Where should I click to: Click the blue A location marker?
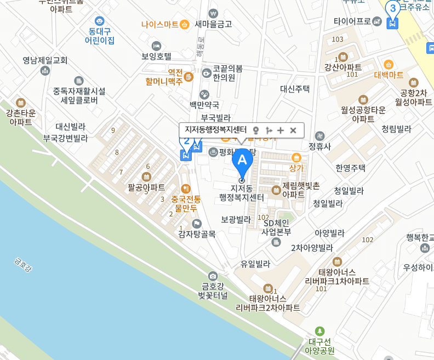point(242,161)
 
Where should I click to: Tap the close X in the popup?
point(293,130)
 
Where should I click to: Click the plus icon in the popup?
point(281,130)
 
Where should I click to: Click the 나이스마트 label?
point(159,24)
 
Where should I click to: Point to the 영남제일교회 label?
point(45,60)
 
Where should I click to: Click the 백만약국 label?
point(204,104)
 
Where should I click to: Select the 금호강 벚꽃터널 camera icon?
point(213,276)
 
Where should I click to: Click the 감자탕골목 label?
point(197,234)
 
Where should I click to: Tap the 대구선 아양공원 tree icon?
point(320,330)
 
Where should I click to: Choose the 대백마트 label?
point(389,75)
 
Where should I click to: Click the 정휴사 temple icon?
point(319,136)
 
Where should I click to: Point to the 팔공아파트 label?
point(146,187)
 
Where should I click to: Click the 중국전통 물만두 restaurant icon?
point(185,188)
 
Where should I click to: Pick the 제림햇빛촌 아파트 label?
point(300,190)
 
